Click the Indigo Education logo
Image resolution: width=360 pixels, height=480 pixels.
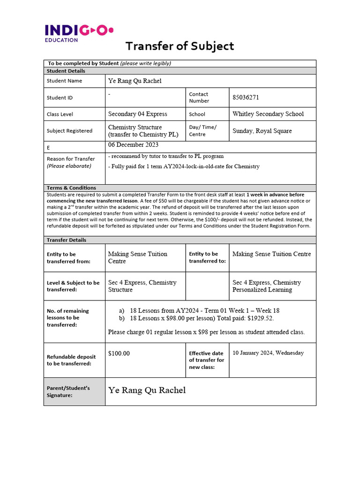tap(79, 33)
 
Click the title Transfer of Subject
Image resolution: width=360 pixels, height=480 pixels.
tap(180, 46)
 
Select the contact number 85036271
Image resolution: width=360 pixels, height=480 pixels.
tap(246, 97)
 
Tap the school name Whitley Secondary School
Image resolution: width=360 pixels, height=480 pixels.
tap(268, 114)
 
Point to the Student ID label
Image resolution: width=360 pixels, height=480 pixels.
tap(60, 97)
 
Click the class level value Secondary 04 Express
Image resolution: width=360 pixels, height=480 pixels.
tap(137, 114)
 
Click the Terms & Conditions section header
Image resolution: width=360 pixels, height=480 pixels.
tap(71, 187)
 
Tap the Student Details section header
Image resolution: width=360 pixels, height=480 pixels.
tap(66, 71)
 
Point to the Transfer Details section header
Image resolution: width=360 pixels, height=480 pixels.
tap(67, 240)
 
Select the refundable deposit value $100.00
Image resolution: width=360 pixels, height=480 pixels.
tap(119, 353)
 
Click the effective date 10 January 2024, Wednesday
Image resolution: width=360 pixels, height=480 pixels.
tap(268, 353)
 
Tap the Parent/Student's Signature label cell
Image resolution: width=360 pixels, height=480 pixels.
tap(75, 391)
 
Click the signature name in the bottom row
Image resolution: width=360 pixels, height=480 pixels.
tap(147, 390)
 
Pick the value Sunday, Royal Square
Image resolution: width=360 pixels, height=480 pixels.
tap(262, 131)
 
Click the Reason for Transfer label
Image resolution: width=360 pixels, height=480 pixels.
tap(71, 159)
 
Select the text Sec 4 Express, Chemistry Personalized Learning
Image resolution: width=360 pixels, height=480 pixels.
tap(266, 286)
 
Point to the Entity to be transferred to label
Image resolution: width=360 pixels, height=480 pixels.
tap(203, 257)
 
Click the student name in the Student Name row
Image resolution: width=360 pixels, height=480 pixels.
tap(135, 81)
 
